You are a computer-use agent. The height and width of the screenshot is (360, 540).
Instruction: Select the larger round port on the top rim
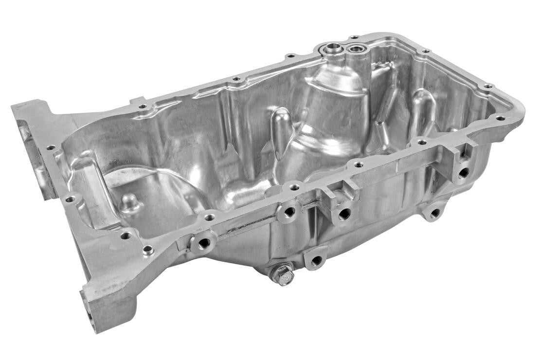pyautogui.click(x=334, y=47)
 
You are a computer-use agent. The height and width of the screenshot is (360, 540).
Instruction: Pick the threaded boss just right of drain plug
pyautogui.click(x=316, y=260)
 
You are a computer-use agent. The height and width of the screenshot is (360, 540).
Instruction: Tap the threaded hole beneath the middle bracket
pyautogui.click(x=344, y=213)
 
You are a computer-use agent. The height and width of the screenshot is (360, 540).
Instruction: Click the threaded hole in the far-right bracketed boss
pyautogui.click(x=464, y=172)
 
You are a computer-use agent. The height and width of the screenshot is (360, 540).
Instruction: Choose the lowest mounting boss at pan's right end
pyautogui.click(x=434, y=213)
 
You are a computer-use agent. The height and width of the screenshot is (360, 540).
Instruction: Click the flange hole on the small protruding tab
pyautogui.click(x=142, y=106)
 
